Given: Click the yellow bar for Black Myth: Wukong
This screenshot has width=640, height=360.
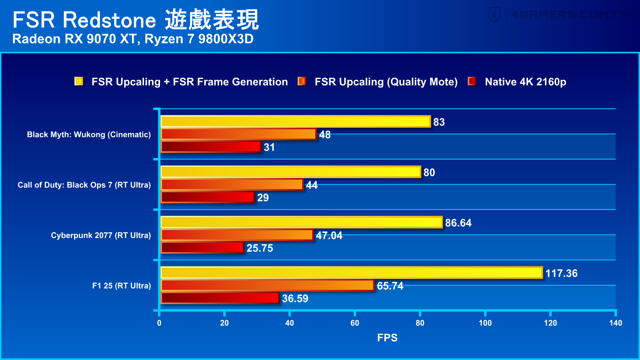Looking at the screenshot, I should pos(295,122).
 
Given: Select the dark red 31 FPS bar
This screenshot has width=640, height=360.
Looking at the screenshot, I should pos(211,147).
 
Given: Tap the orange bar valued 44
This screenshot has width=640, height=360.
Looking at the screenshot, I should pos(232,185).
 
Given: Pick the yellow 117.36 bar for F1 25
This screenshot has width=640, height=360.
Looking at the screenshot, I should pos(351,273).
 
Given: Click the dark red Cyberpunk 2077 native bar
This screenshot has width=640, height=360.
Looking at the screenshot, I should pos(202,248).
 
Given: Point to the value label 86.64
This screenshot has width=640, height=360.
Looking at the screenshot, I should pos(458,223).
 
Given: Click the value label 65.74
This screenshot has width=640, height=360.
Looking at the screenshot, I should pos(390,286).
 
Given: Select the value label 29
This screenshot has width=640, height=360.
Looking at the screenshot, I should pos(263,198).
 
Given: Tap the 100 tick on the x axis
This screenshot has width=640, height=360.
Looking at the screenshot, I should pos(485,323).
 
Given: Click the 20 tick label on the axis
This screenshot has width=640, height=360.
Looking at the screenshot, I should pos(224,323).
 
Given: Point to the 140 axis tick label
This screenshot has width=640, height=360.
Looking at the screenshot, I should pos(615,323).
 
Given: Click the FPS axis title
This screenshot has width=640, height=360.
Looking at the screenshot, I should pos(387,338).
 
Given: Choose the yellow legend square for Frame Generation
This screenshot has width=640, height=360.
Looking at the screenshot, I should pos(79,81).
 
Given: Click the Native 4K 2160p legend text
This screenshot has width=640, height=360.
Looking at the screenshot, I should pos(525,82).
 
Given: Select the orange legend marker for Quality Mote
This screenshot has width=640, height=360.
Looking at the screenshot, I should pos(302,81).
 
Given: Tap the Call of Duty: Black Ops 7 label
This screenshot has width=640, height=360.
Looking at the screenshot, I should pos(84,185).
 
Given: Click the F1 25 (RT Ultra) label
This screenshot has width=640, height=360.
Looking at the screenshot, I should pos(121,286).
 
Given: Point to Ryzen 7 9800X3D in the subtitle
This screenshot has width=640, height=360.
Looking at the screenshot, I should pos(199,39).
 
